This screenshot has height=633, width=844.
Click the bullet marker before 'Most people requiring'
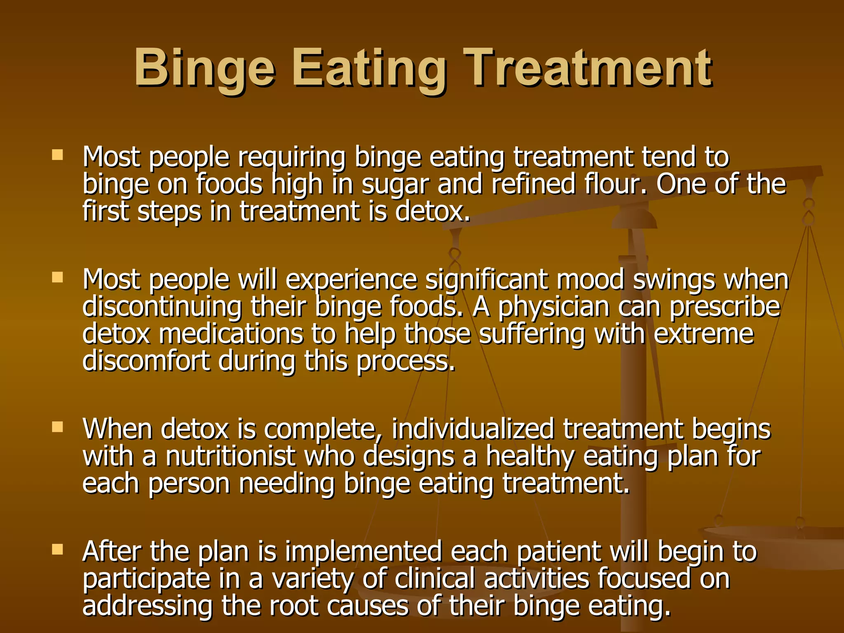tap(57, 155)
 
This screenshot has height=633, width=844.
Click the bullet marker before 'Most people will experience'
tap(57, 277)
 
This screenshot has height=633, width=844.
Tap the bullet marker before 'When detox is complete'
tap(57, 427)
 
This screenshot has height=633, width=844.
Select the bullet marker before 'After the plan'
tap(57, 549)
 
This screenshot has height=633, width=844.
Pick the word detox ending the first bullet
tap(432, 211)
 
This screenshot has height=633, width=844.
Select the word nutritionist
tap(231, 456)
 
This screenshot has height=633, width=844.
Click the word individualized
tap(473, 429)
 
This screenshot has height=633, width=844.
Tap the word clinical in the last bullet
tap(435, 579)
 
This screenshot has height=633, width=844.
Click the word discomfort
tap(146, 361)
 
